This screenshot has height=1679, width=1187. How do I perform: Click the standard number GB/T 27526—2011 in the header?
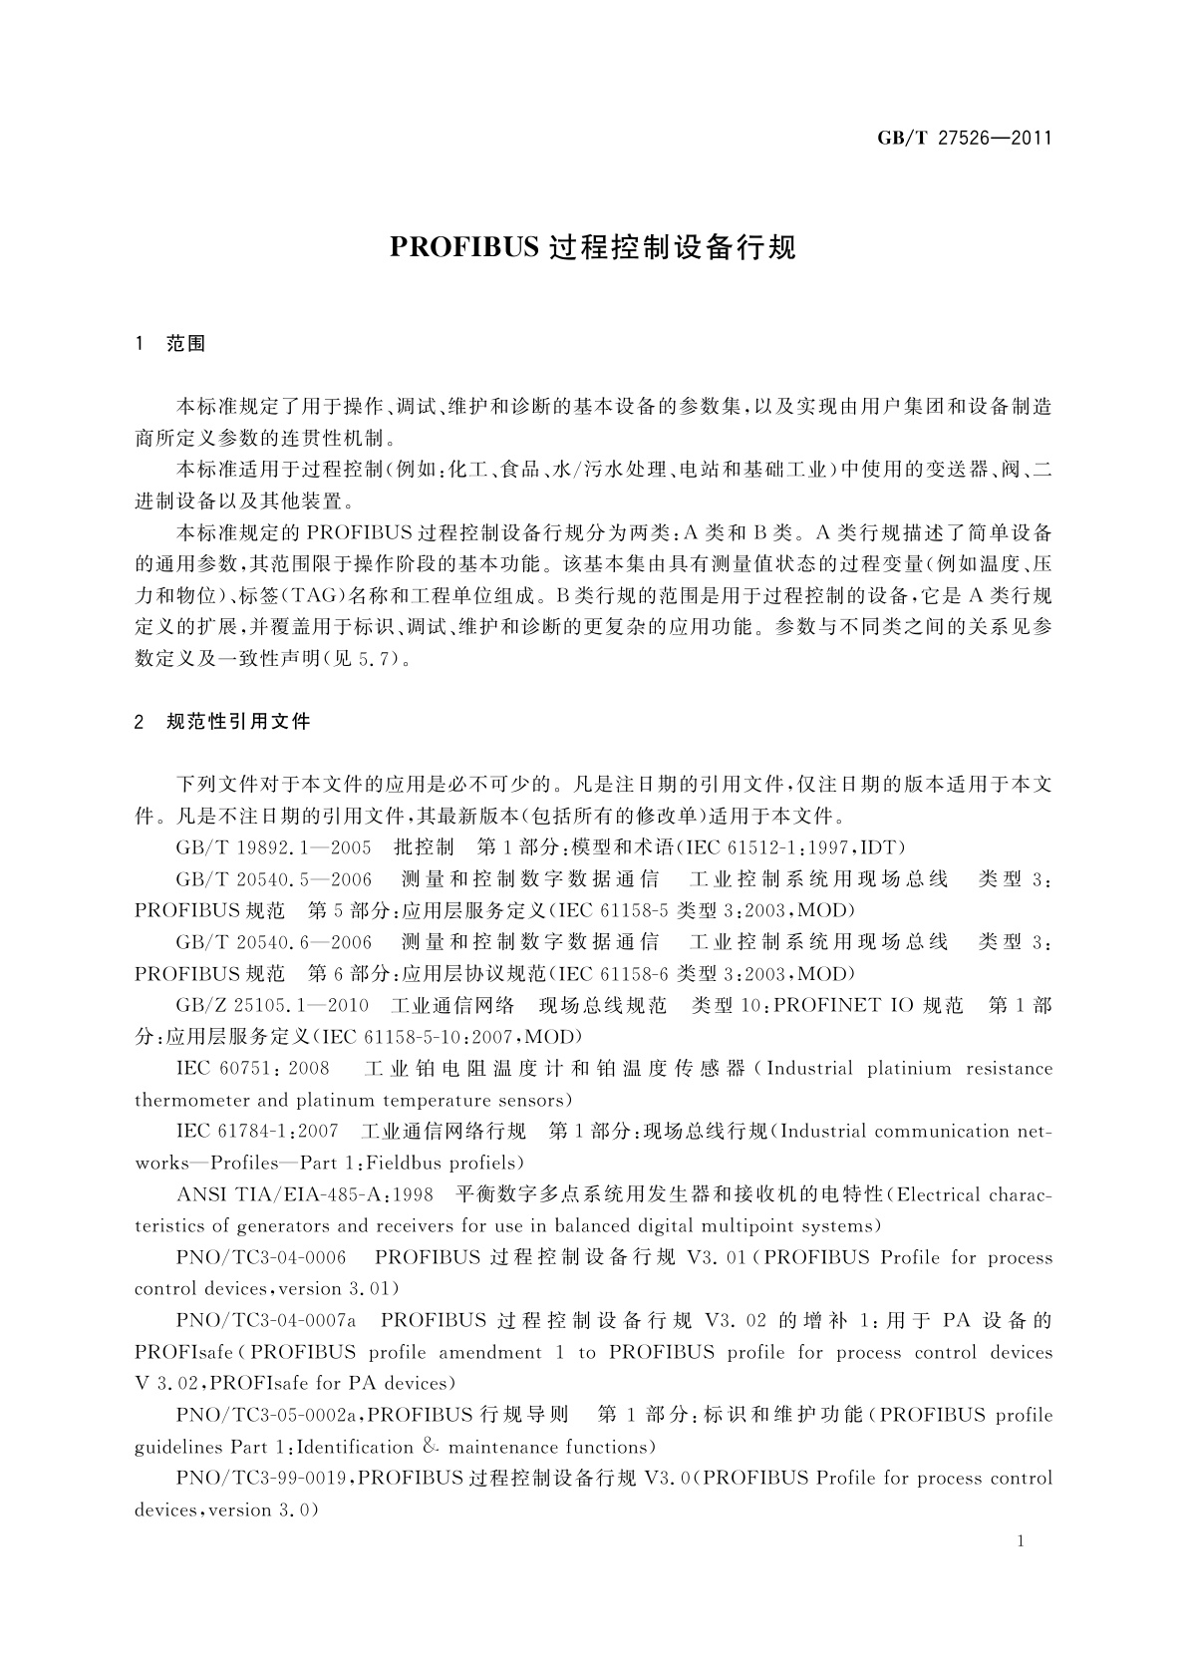pyautogui.click(x=964, y=138)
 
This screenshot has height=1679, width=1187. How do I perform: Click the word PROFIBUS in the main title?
pyautogui.click(x=463, y=247)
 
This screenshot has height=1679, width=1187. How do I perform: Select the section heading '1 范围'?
pyautogui.click(x=170, y=344)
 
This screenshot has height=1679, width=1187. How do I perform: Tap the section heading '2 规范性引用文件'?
pyautogui.click(x=222, y=722)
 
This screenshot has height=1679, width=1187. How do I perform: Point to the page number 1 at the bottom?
pyautogui.click(x=1021, y=1541)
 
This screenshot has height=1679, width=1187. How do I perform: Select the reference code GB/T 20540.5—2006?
pyautogui.click(x=274, y=879)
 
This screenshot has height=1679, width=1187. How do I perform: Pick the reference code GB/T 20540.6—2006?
pyautogui.click(x=274, y=942)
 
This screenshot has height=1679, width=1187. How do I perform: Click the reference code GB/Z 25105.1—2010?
pyautogui.click(x=272, y=1005)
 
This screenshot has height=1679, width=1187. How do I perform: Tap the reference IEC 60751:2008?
pyautogui.click(x=252, y=1069)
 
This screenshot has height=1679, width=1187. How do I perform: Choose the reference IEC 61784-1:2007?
pyautogui.click(x=257, y=1132)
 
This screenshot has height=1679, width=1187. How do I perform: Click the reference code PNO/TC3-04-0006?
pyautogui.click(x=261, y=1258)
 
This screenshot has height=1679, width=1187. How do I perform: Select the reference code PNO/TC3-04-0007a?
pyautogui.click(x=266, y=1321)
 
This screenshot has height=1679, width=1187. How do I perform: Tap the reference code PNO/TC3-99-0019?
pyautogui.click(x=261, y=1479)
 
